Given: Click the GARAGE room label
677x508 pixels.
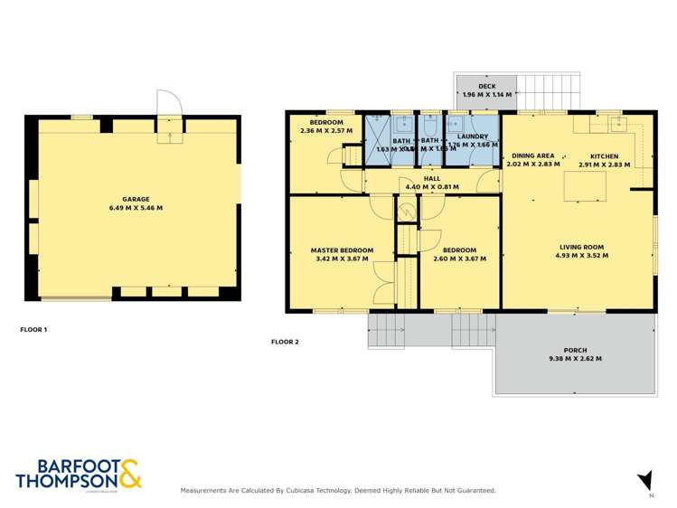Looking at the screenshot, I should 136,199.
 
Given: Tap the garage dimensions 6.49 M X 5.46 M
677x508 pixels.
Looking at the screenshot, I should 136,208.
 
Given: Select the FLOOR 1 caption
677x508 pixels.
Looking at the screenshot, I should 33,330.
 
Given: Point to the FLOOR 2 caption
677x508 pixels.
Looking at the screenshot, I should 285,342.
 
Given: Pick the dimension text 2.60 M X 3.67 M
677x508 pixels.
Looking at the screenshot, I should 459,259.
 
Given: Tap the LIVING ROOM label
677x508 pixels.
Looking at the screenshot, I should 580,247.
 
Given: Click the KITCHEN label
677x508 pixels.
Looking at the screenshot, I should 605,155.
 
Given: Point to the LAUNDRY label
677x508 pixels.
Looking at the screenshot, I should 473,136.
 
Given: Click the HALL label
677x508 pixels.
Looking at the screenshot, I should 432,179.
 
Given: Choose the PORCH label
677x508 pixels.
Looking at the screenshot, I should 575,351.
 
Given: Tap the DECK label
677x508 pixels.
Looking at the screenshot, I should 487,86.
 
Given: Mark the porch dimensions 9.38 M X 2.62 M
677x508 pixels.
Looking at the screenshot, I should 575,360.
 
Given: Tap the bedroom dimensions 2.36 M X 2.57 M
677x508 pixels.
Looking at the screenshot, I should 326,131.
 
